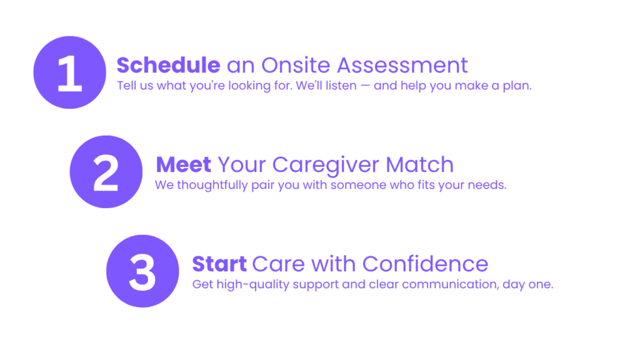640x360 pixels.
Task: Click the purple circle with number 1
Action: (x=70, y=72)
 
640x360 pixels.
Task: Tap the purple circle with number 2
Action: (x=106, y=172)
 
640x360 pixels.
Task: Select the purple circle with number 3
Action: (x=142, y=271)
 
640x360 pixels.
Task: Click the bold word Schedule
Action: (x=169, y=65)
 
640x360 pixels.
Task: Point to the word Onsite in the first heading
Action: (x=296, y=65)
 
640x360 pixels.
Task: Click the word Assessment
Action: (x=402, y=65)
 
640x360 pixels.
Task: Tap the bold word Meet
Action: (x=184, y=164)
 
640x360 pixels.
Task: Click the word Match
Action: (x=419, y=164)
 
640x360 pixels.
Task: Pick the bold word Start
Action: (x=219, y=264)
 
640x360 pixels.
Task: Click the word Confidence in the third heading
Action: (x=425, y=264)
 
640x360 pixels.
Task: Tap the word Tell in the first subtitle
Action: (x=124, y=85)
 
